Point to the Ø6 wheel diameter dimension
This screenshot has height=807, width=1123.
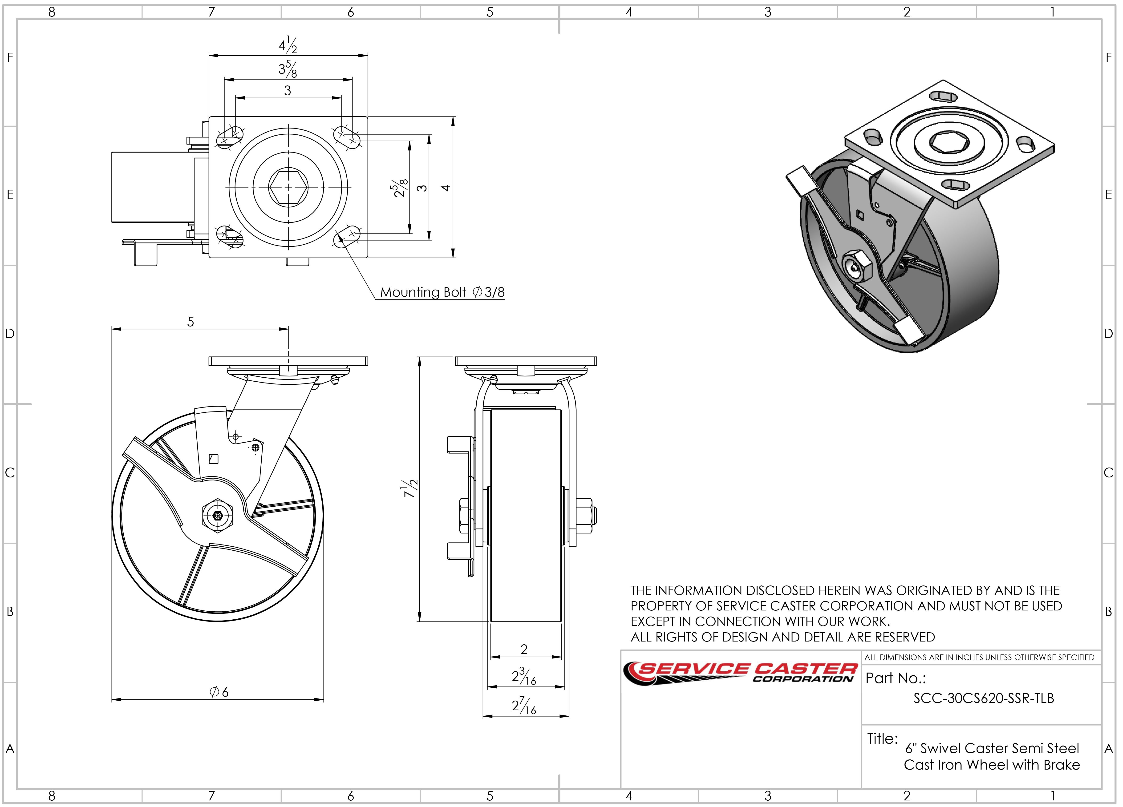(219, 692)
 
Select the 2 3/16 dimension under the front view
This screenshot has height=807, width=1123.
(524, 677)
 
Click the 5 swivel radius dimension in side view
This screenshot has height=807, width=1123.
(191, 322)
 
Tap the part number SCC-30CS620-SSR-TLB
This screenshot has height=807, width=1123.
(983, 698)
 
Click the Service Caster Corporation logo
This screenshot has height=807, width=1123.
(740, 673)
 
